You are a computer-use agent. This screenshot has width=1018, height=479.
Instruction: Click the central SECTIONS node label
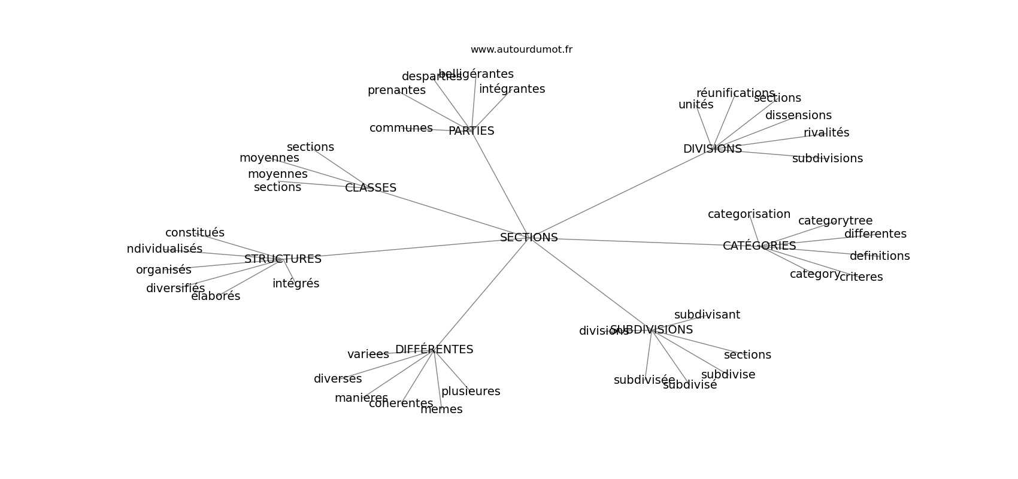coord(529,238)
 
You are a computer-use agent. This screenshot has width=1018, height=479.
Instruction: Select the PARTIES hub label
coord(471,131)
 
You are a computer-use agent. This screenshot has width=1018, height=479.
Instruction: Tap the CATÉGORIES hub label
coord(759,246)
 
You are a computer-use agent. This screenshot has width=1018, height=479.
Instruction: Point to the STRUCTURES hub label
coord(283,259)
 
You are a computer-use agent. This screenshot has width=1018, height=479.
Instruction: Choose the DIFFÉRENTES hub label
coord(434,350)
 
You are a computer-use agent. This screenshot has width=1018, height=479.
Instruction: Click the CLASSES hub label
coord(371,188)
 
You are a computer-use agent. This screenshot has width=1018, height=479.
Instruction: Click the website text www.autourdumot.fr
coord(521,50)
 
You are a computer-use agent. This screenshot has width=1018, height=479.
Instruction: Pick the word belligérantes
coord(476,74)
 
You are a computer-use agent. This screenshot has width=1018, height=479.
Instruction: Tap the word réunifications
coord(735,93)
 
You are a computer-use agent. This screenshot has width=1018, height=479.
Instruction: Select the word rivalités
coord(826,133)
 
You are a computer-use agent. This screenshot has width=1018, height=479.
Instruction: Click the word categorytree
coord(835,221)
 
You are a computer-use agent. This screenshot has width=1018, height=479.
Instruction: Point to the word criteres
coord(861,277)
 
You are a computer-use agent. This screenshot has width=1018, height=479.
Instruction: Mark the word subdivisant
coord(707,315)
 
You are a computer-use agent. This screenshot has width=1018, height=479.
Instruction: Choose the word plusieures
coord(471,392)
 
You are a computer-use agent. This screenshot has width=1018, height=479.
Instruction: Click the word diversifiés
coord(175,289)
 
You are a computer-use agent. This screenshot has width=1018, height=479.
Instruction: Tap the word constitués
coord(195,233)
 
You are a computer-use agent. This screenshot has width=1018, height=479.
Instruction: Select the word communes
coord(401,128)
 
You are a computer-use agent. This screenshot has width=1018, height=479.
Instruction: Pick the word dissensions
coord(798,116)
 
